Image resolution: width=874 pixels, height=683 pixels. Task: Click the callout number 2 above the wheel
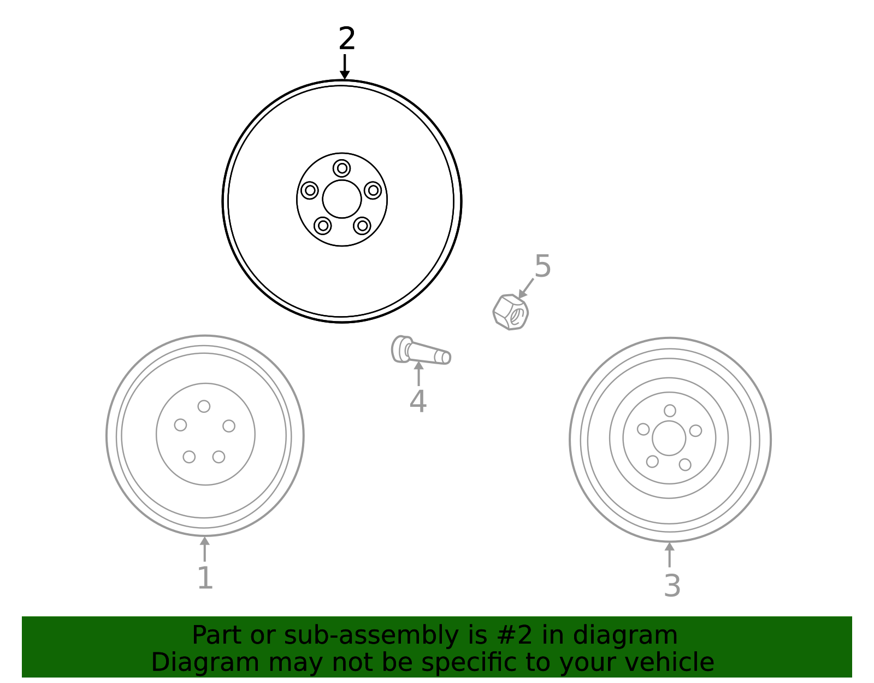(347, 39)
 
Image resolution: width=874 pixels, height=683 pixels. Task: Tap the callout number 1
(205, 579)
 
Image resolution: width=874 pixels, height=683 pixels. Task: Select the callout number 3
(672, 586)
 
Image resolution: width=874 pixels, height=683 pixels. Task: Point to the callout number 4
(418, 401)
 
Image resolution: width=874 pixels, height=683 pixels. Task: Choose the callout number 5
(542, 266)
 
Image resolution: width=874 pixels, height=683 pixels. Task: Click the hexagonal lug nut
(510, 312)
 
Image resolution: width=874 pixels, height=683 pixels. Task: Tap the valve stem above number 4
(421, 350)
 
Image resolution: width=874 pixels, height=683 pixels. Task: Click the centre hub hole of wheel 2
(342, 199)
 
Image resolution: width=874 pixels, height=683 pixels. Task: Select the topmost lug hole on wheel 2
(342, 168)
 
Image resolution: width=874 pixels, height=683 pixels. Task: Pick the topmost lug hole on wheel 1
(204, 406)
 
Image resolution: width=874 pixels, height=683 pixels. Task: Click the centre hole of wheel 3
(669, 439)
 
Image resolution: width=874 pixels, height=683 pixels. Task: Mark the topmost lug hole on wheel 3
(670, 411)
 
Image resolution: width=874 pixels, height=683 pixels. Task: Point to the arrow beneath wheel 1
(205, 549)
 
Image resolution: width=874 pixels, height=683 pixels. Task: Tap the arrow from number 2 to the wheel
(344, 67)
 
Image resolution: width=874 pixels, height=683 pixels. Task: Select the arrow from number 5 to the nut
(525, 288)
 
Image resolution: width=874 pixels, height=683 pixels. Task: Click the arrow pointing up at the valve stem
(418, 374)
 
